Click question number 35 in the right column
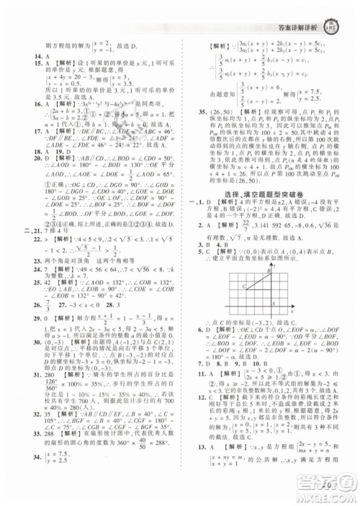click(197, 132)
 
